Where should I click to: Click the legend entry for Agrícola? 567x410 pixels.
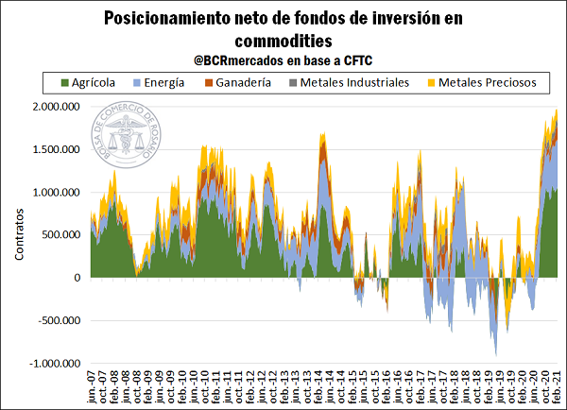(88, 83)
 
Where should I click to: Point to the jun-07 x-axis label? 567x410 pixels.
(93, 390)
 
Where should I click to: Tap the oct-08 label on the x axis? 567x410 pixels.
(138, 390)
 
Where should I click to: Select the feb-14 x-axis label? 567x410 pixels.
(319, 390)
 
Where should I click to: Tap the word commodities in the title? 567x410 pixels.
(283, 41)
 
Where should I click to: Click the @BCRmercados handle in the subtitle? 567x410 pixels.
(239, 60)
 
